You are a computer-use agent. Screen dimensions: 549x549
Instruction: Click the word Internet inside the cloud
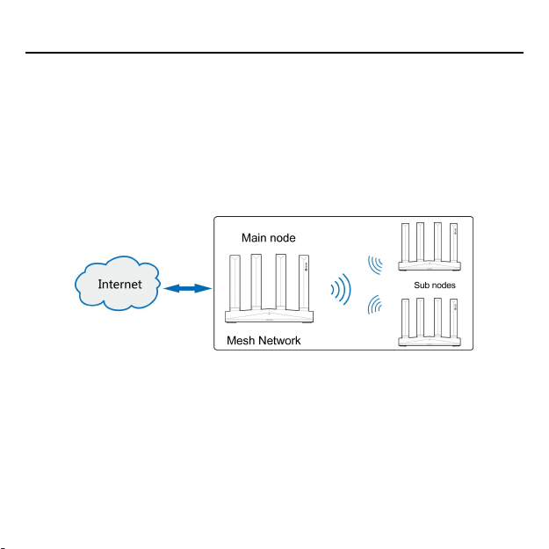(x=120, y=285)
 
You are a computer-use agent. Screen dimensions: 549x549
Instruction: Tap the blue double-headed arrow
(x=184, y=288)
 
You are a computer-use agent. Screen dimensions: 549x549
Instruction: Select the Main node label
(x=269, y=237)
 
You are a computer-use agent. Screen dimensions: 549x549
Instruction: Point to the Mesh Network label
(x=264, y=341)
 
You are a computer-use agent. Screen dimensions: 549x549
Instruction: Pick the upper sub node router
(x=430, y=250)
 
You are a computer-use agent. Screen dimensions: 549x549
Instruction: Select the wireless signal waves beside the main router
(x=340, y=289)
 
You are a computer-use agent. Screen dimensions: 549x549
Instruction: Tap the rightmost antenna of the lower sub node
(x=454, y=317)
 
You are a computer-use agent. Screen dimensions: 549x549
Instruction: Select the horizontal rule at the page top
(x=274, y=53)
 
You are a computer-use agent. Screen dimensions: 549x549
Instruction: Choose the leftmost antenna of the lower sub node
(x=405, y=317)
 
